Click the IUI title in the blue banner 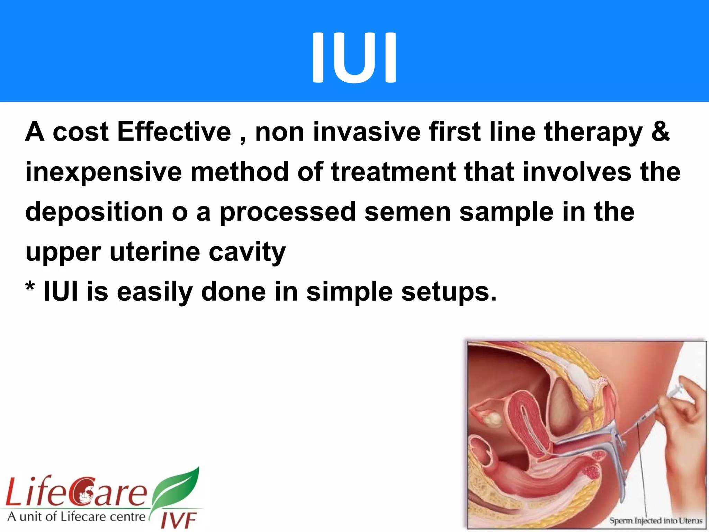(x=354, y=57)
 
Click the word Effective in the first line (x=174, y=132)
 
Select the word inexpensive (x=104, y=172)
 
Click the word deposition (x=94, y=212)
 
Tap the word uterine (x=155, y=252)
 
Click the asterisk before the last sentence (x=30, y=287)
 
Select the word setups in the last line (x=449, y=292)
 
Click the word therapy (x=593, y=132)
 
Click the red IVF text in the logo (x=179, y=520)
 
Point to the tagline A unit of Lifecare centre (x=77, y=517)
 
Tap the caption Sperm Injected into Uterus (x=656, y=521)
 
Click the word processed (x=288, y=212)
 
